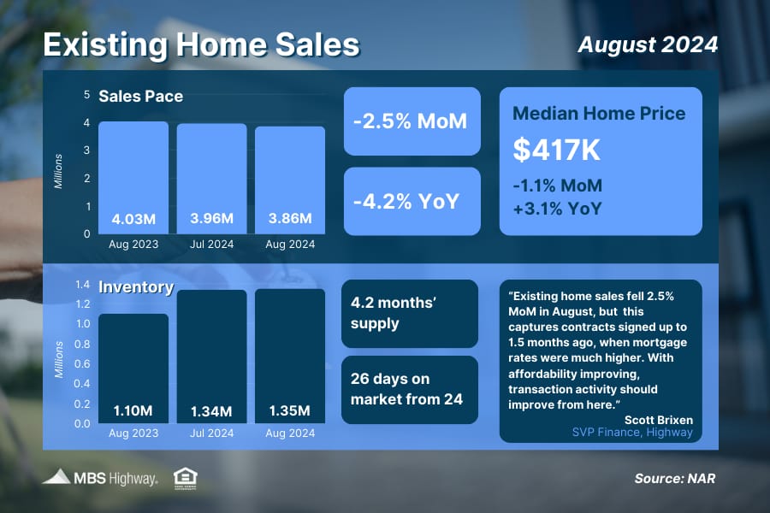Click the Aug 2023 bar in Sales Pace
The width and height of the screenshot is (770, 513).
(x=133, y=178)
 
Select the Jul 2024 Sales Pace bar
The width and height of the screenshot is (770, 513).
(x=211, y=179)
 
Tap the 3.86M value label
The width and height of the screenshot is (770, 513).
(x=290, y=218)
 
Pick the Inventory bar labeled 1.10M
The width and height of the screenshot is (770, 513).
(x=133, y=369)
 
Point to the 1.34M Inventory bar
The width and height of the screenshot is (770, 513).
(x=211, y=357)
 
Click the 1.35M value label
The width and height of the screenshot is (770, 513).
(x=290, y=411)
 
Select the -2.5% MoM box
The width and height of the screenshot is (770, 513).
(x=412, y=121)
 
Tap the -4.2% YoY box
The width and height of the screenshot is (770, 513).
(x=412, y=201)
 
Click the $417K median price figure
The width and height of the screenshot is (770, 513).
(x=556, y=150)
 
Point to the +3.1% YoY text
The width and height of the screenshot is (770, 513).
(x=557, y=209)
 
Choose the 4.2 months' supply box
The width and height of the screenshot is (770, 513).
(x=410, y=314)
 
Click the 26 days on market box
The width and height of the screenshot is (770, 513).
(x=410, y=390)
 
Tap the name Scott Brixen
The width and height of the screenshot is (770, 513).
(x=659, y=420)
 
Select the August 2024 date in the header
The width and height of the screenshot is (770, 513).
(x=648, y=44)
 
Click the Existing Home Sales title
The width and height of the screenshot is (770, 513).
(x=201, y=44)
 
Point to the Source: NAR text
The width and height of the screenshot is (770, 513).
(x=675, y=479)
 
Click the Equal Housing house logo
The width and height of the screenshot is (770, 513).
(x=186, y=479)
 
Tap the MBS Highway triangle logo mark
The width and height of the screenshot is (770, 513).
(x=56, y=477)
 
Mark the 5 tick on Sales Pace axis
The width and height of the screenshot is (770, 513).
(x=87, y=94)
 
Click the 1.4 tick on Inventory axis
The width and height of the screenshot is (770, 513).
(x=82, y=285)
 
